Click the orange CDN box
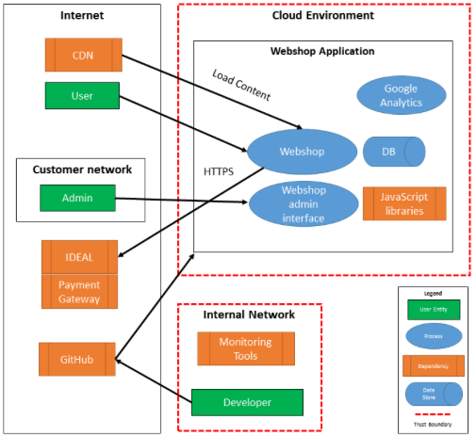tap(83, 55)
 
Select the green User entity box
tap(82, 95)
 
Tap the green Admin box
tap(77, 198)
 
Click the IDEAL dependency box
tap(80, 256)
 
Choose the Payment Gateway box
tap(80, 291)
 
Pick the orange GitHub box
tap(77, 359)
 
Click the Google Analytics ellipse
tap(401, 96)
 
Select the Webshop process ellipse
tap(302, 151)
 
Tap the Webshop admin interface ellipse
tap(303, 203)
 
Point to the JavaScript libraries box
tap(403, 203)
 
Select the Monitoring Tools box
tap(244, 348)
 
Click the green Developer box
tap(247, 402)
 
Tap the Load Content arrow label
tap(241, 85)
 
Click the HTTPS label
tap(219, 172)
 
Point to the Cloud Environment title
tap(322, 15)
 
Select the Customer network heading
tap(82, 170)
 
